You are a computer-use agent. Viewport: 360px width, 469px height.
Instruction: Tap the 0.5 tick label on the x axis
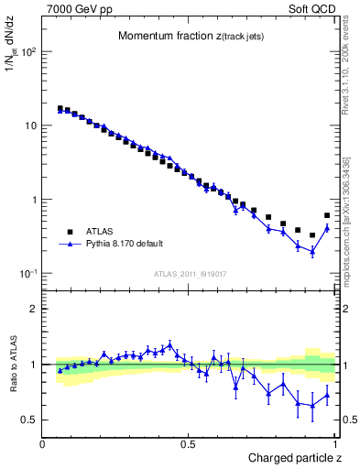[188, 444]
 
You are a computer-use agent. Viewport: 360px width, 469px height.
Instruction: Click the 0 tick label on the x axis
[43, 444]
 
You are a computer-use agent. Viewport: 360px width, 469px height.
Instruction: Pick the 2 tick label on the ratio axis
[32, 309]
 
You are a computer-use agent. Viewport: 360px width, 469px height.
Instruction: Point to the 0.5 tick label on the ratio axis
[28, 420]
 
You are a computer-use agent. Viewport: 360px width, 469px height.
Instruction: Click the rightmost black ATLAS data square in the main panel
[327, 216]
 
